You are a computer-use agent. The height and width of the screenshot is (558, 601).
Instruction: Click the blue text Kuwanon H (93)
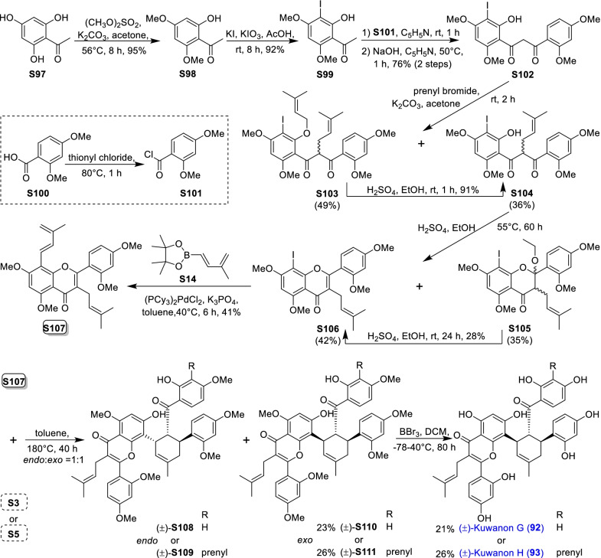click(508, 543)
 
